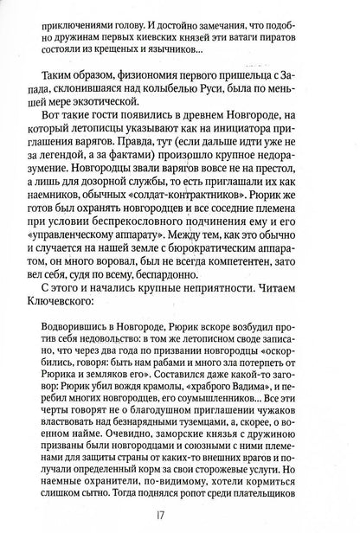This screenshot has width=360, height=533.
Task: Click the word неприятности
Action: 229,294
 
